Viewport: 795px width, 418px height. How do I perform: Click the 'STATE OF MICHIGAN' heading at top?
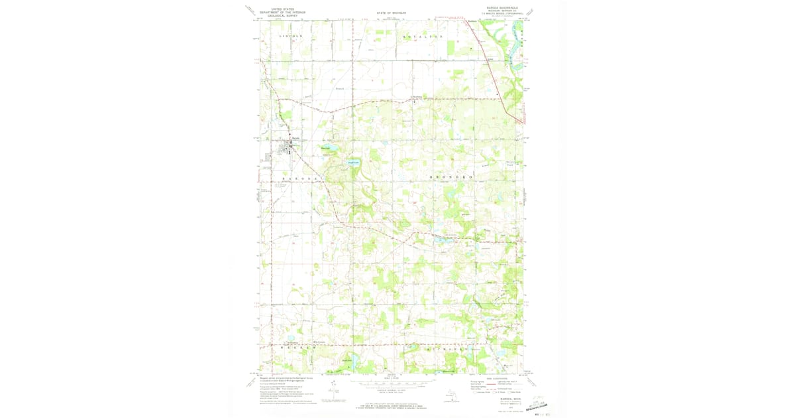(x=390, y=13)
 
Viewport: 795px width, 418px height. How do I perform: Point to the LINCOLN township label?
(x=290, y=36)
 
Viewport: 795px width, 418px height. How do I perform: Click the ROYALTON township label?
(x=423, y=36)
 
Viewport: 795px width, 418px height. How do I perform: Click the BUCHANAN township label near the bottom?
(x=441, y=348)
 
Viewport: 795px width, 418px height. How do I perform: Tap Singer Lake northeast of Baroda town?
(x=325, y=149)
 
